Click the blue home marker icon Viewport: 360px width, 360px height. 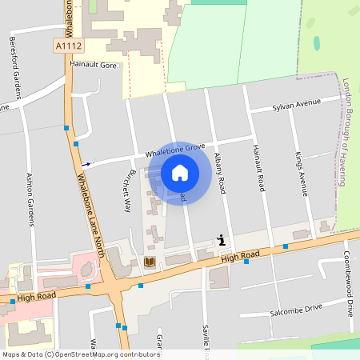(180, 173)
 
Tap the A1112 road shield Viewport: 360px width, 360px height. (69, 47)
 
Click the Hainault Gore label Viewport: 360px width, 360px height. (94, 64)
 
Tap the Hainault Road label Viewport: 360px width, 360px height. (258, 168)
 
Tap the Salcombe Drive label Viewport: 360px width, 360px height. (295, 310)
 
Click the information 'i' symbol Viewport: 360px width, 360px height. (222, 239)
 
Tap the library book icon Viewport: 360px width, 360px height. (149, 262)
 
